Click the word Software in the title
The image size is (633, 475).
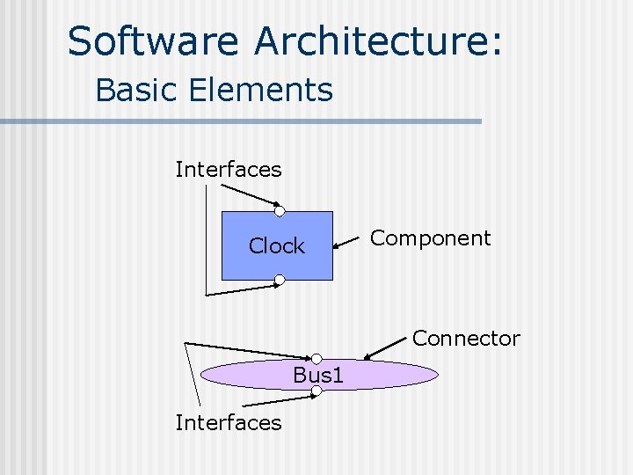pos(154,41)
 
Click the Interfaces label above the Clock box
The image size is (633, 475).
pos(229,169)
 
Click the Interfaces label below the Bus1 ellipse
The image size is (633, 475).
pos(229,422)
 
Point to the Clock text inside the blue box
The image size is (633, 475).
pos(276,246)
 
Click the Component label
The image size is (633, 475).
pos(430,238)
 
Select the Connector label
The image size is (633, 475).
pos(466,338)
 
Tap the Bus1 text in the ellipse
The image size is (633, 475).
pos(318,376)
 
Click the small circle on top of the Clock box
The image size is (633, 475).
pos(279,211)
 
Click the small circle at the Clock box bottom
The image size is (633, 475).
pos(279,281)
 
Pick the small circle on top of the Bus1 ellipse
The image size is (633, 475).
pos(316,359)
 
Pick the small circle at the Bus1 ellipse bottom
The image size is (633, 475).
pos(316,391)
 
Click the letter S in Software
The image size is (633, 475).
pos(80,41)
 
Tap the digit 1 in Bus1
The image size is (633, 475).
pos(338,376)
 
